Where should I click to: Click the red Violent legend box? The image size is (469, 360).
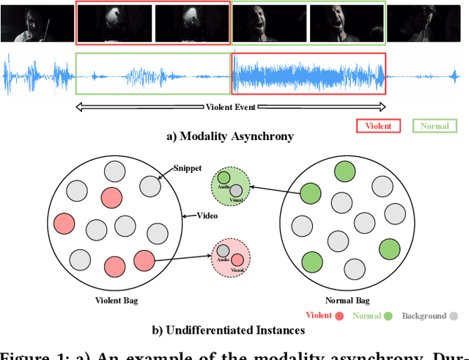coord(378,125)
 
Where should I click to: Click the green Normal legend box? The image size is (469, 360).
coord(434,125)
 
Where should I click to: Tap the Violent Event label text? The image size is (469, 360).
coord(231,108)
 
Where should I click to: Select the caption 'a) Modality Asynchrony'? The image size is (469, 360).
coord(230,136)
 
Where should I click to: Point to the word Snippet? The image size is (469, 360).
coord(188,169)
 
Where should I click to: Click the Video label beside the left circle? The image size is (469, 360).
coord(208,216)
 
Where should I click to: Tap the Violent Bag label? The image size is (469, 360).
coord(116,301)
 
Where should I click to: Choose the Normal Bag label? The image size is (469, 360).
coord(347,301)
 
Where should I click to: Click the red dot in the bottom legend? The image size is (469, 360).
coord(339,316)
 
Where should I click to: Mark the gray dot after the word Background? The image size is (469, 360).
coord(454,316)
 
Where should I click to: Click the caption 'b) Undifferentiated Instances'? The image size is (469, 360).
coord(228,331)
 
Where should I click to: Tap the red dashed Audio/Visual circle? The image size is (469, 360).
coord(231,256)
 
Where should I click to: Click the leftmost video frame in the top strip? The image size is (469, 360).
coord(37,23)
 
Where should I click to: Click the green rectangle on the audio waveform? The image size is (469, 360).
coord(152,73)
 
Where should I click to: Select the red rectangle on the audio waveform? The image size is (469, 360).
coord(308,73)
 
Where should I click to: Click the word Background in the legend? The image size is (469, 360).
coord(424,316)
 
